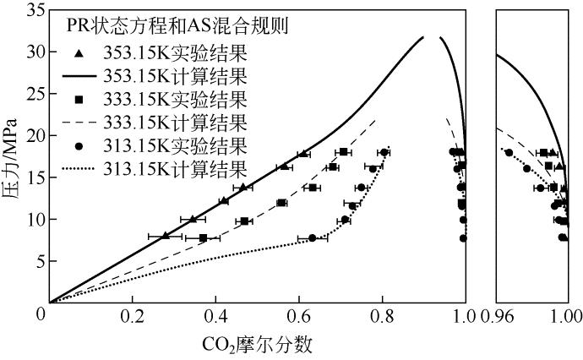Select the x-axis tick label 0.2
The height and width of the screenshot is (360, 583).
[133, 318]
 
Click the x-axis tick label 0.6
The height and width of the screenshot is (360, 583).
[299, 318]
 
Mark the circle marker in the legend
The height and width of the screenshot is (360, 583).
[78, 147]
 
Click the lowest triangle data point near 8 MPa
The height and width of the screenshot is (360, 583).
[166, 236]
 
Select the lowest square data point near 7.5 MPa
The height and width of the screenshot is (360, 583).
[203, 238]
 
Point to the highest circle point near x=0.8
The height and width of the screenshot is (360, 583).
[384, 153]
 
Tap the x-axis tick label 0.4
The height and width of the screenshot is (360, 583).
[216, 318]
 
